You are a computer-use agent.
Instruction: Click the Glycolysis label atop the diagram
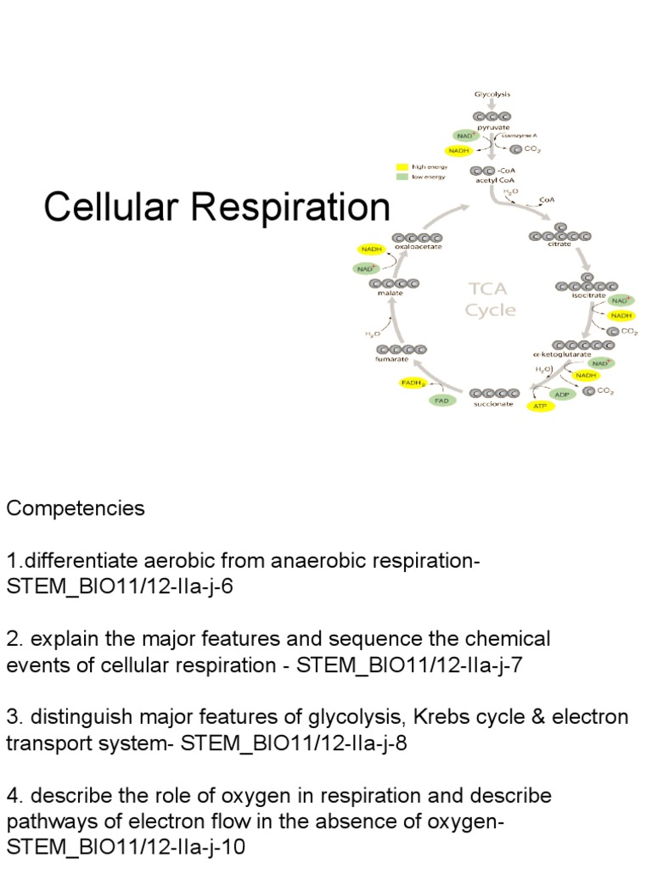tap(492, 94)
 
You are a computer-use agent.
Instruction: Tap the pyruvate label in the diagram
tap(493, 126)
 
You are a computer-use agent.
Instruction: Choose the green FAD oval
tap(441, 400)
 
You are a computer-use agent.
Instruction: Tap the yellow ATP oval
tap(540, 406)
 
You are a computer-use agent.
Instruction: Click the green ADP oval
tap(561, 394)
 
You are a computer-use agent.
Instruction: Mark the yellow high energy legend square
tap(402, 167)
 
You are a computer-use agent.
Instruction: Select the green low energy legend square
tap(402, 177)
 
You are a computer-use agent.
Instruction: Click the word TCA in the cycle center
tap(490, 289)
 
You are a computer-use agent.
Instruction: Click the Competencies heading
tap(76, 508)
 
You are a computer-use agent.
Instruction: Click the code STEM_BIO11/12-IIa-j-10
tap(126, 846)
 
